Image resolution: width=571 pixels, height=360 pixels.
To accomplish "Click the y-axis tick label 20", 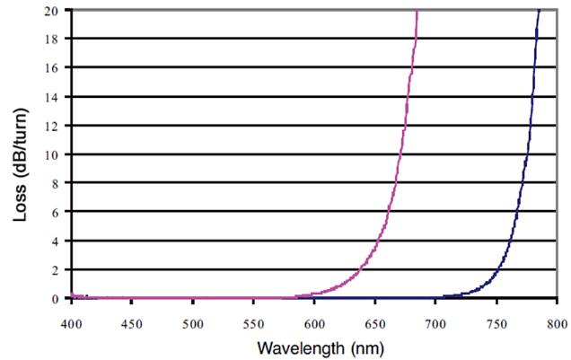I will point(56,10).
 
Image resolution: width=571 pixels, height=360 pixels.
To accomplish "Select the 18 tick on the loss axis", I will point(56,39).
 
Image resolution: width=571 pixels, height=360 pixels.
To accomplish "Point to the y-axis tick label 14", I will point(56,96).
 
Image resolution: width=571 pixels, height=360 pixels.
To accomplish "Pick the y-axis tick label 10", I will point(56,154).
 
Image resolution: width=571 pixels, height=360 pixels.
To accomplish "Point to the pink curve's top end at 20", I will point(417,11).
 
